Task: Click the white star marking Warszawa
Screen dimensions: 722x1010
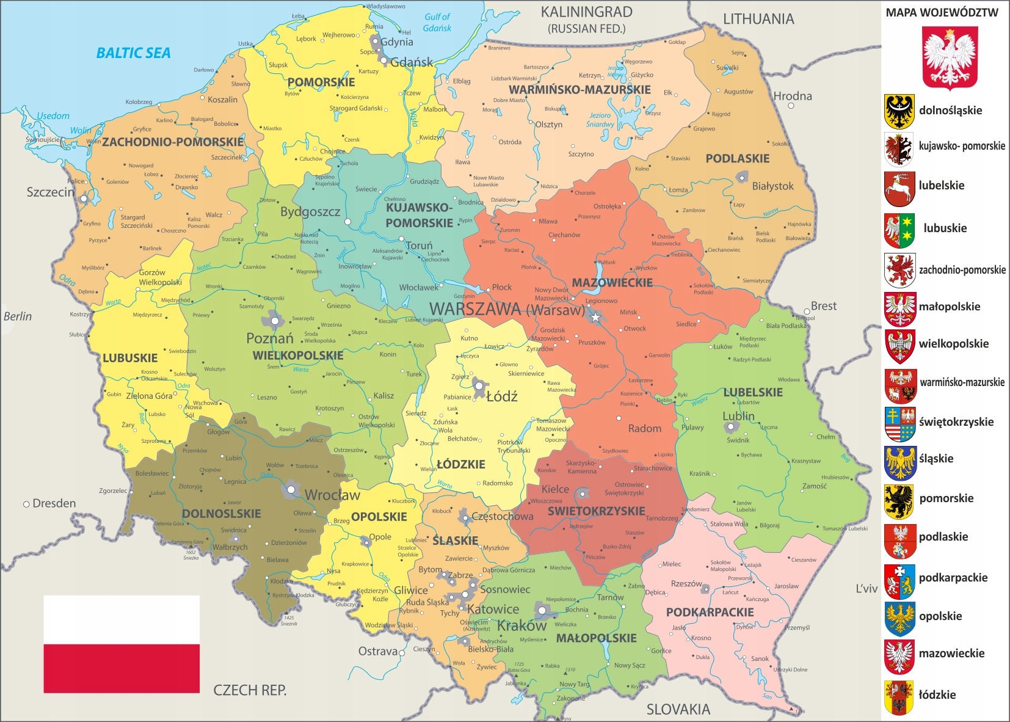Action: pos(595,317)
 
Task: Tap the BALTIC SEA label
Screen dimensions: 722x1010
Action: pos(133,53)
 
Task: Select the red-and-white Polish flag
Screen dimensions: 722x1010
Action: pos(122,644)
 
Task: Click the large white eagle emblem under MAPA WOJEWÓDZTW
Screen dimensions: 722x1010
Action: pos(950,58)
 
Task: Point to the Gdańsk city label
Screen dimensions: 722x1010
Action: pos(412,62)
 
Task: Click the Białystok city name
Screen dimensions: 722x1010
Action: pos(772,186)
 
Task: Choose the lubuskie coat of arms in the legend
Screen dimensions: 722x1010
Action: pos(899,230)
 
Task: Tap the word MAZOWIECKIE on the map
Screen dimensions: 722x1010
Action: pos(612,283)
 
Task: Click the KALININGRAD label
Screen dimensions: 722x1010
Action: pos(586,12)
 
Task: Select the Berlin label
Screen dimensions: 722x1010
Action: pos(17,316)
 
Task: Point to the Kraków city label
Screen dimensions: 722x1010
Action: pos(521,625)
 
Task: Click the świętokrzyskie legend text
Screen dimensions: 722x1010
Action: pos(956,422)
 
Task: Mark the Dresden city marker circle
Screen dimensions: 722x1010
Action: pos(26,504)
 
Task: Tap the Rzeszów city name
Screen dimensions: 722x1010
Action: pos(686,584)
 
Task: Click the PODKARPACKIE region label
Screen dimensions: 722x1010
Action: pos(710,612)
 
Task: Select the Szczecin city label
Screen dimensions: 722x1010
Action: pos(50,192)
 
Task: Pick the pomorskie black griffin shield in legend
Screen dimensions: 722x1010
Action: pos(899,501)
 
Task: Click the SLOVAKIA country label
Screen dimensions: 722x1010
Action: pos(678,709)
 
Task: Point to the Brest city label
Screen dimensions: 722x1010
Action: pos(823,306)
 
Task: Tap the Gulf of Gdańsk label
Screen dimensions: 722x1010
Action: pos(437,23)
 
